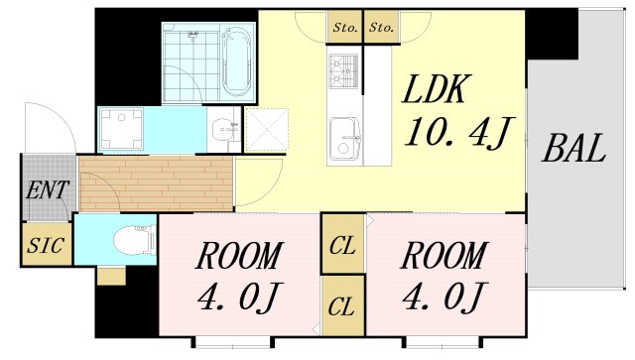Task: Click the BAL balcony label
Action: [x=573, y=148]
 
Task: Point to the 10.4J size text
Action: [x=459, y=132]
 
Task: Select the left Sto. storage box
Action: [x=344, y=27]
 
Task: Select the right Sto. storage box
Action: [x=381, y=27]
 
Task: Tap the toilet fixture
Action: [x=135, y=241]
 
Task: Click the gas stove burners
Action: [x=343, y=71]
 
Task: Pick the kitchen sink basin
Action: [x=344, y=139]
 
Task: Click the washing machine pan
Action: [x=121, y=129]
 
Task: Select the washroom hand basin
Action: [x=225, y=129]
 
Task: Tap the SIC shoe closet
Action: [x=46, y=245]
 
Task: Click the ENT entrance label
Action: [x=47, y=190]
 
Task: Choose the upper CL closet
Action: [x=342, y=244]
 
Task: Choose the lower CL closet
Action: [x=342, y=306]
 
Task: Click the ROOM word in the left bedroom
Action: [x=238, y=256]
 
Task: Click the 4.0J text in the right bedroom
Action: [x=444, y=297]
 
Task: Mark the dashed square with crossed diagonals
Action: [x=267, y=130]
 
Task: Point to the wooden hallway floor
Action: [x=156, y=183]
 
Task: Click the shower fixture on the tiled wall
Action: [x=193, y=36]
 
